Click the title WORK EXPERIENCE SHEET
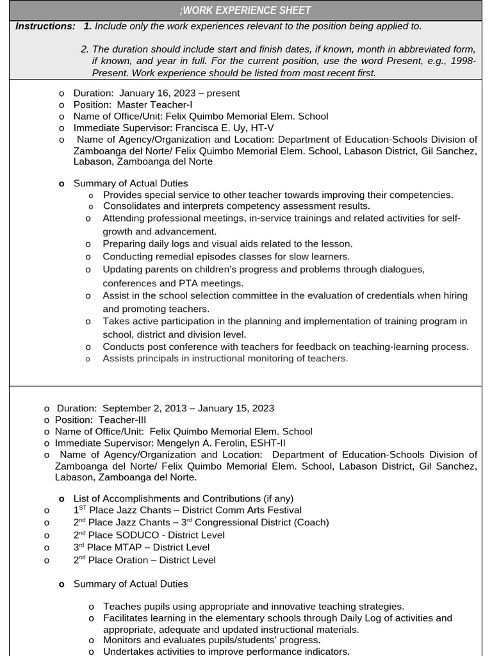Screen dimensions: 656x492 point(247,10)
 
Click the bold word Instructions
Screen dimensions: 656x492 point(45,26)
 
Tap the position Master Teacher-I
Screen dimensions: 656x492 point(154,104)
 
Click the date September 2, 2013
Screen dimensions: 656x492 point(145,408)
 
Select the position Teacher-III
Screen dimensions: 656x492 point(122,420)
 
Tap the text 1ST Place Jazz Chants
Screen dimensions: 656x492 point(124,510)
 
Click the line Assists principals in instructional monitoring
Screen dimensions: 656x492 point(225,359)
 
